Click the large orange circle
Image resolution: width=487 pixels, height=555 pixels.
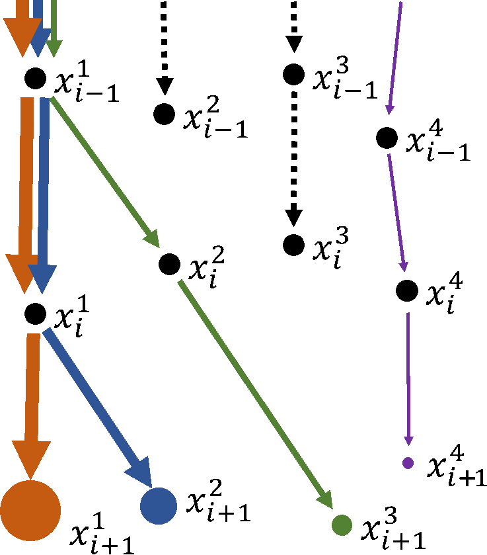pos(30,511)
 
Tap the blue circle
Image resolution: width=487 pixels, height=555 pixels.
pos(159,506)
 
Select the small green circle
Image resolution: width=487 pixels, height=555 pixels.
pos(342,525)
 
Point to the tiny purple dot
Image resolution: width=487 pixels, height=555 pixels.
pos(408,463)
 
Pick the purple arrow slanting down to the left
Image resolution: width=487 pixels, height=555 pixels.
pos(395,56)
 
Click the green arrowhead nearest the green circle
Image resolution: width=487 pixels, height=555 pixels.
pos(325,500)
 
